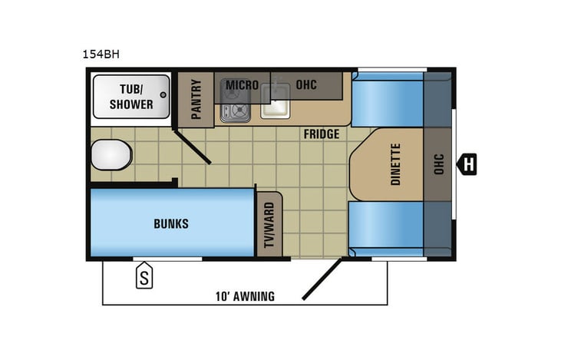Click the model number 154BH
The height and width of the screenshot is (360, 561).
[100, 54]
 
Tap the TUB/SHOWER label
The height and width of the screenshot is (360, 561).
[130, 97]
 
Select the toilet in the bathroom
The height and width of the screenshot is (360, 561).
[111, 155]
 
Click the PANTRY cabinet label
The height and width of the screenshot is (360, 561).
[196, 99]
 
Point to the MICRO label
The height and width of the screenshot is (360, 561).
[241, 84]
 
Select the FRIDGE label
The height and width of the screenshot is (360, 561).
[321, 134]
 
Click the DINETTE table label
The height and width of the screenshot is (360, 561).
[396, 164]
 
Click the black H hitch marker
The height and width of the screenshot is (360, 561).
[467, 163]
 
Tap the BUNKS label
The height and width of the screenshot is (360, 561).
[170, 224]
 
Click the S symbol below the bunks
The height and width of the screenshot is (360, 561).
[144, 278]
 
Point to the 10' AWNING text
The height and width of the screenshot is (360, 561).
[244, 296]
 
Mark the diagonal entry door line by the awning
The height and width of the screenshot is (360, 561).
[322, 279]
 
